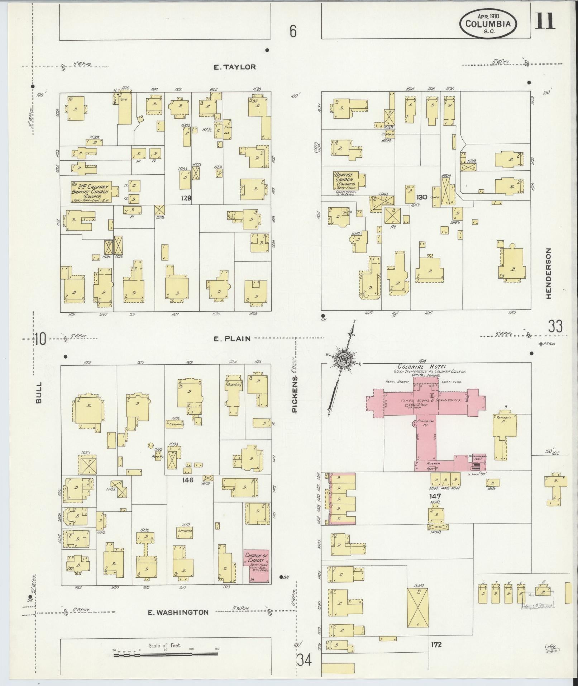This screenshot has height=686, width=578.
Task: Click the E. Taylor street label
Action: [235, 67]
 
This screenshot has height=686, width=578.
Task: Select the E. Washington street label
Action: [178, 612]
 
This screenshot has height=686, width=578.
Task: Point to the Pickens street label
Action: [295, 394]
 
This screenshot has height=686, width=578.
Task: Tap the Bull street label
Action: [39, 392]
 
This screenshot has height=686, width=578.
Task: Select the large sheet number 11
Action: [545, 20]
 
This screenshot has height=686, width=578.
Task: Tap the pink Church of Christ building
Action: [256, 572]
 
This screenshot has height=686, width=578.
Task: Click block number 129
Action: [186, 198]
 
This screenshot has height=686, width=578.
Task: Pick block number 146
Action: [187, 480]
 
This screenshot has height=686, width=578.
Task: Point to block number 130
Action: [422, 197]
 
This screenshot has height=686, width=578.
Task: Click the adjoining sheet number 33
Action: [555, 326]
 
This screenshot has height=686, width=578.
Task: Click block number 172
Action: [436, 645]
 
